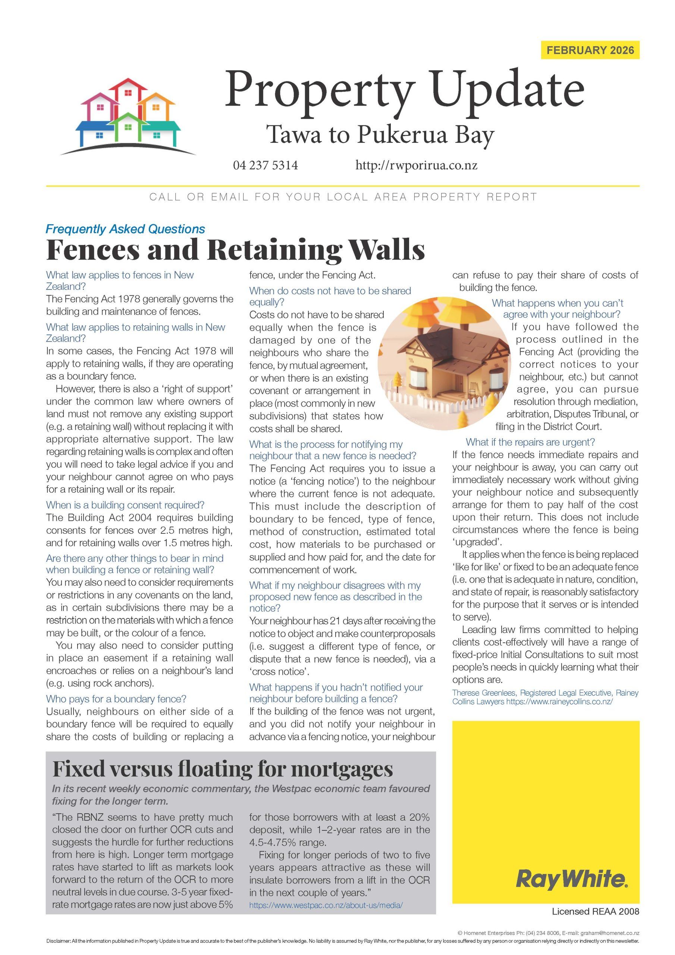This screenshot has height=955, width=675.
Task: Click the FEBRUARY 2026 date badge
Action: pyautogui.click(x=590, y=50)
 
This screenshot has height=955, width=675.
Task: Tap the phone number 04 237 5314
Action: pyautogui.click(x=266, y=166)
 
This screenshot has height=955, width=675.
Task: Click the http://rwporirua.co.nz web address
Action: pyautogui.click(x=416, y=166)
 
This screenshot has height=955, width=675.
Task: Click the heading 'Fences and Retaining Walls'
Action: pyautogui.click(x=235, y=250)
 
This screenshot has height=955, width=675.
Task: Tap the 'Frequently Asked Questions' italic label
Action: pyautogui.click(x=125, y=229)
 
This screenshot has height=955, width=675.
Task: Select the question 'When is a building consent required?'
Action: pyautogui.click(x=125, y=505)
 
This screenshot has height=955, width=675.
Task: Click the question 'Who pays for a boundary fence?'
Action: pyautogui.click(x=116, y=699)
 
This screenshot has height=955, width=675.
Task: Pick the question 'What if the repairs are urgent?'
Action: pyautogui.click(x=530, y=442)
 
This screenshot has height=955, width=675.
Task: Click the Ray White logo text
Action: pyautogui.click(x=572, y=880)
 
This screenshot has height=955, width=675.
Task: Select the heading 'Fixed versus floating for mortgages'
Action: pyautogui.click(x=223, y=768)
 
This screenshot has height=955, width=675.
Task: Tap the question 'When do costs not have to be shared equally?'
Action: pyautogui.click(x=330, y=296)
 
